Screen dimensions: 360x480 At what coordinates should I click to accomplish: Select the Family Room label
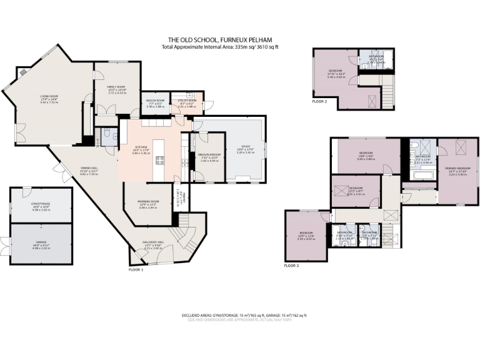(116, 87)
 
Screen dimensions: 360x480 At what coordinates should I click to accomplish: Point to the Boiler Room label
(155, 101)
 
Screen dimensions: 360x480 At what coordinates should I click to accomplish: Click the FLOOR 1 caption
(136, 269)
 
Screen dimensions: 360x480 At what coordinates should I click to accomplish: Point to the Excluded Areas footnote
(244, 315)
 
